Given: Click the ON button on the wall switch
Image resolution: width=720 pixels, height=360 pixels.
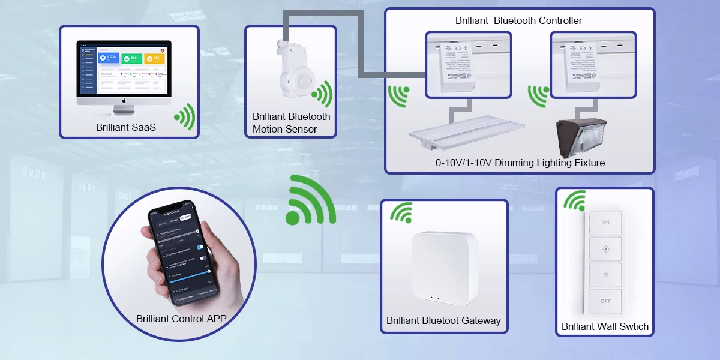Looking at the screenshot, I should click(x=605, y=222).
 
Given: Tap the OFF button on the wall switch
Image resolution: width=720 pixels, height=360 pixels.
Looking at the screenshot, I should click(x=605, y=301).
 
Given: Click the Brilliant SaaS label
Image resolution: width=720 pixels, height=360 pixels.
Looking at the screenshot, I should click(x=126, y=127).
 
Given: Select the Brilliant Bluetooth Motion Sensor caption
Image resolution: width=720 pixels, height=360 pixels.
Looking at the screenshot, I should click(x=291, y=123).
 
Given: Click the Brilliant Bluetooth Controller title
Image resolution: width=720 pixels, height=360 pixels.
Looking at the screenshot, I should click(x=518, y=21).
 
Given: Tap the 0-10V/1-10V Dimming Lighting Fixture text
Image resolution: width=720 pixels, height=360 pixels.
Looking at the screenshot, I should click(x=520, y=163).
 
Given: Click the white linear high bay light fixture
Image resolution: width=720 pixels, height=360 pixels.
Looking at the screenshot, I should click(x=466, y=131).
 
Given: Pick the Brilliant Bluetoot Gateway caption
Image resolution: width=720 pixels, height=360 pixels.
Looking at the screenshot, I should click(x=443, y=320).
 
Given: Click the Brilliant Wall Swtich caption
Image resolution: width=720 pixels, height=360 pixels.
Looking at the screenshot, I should click(x=605, y=327).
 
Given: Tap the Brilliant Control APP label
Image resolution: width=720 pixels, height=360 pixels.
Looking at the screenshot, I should click(x=181, y=319).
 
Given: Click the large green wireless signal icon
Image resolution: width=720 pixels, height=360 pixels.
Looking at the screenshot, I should click(x=310, y=200).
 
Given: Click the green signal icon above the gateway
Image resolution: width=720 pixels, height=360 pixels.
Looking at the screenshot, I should click(x=401, y=212).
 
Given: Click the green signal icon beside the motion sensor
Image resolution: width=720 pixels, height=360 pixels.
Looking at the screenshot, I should click(x=323, y=94).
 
